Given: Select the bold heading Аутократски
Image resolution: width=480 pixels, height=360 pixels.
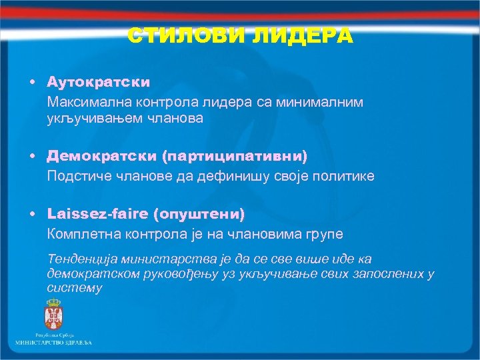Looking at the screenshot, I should (98, 82).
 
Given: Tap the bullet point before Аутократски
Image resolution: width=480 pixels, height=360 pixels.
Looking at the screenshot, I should (32, 82).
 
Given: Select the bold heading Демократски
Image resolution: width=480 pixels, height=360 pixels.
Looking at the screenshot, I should (101, 155).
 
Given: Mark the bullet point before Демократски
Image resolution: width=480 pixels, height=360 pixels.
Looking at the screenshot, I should (32, 155).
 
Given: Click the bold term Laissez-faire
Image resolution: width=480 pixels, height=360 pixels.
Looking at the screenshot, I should (97, 214).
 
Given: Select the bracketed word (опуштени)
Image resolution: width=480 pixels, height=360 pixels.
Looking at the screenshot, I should (199, 214).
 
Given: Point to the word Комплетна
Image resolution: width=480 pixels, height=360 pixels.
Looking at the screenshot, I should (79, 234).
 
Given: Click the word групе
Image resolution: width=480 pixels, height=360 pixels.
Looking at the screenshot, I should (326, 234).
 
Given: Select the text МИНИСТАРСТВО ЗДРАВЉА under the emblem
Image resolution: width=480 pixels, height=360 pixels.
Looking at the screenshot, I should (54, 342).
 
